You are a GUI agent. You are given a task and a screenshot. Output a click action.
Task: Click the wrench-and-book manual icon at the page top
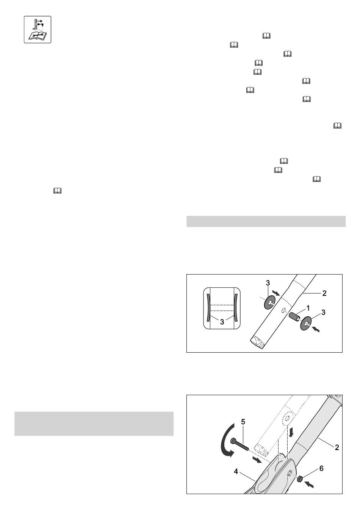pyautogui.click(x=38, y=30)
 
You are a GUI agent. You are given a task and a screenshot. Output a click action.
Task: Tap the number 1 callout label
pyautogui.click(x=308, y=308)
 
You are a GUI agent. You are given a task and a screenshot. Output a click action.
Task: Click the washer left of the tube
pyautogui.click(x=269, y=302)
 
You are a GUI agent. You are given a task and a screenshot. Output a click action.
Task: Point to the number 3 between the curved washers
pyautogui.click(x=222, y=322)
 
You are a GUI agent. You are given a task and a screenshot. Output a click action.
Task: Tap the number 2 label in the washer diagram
pyautogui.click(x=324, y=293)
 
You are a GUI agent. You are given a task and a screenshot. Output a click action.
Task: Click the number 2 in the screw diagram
pyautogui.click(x=337, y=447)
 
